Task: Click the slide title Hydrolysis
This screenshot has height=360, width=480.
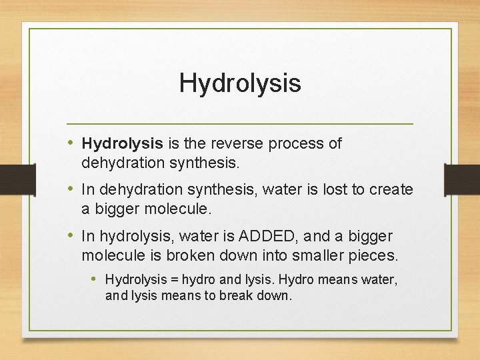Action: click(240, 83)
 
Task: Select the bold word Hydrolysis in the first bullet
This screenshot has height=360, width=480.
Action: click(122, 143)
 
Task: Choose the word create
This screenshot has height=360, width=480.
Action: click(389, 190)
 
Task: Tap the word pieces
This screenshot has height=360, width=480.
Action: click(374, 256)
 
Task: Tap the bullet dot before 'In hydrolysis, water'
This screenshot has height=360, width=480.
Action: click(71, 236)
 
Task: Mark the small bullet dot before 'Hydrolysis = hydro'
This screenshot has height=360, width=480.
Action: click(95, 279)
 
